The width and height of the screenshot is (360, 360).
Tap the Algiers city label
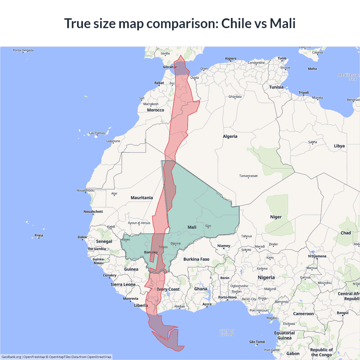tap(231, 58)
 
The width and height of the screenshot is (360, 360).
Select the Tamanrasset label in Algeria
tap(248, 176)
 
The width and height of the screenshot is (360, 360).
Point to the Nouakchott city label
tap(93, 211)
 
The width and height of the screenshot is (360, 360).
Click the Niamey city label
tap(224, 246)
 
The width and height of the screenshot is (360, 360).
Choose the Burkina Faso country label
tap(196, 259)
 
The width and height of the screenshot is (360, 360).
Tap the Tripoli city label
tap(303, 93)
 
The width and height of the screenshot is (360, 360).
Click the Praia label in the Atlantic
tap(39, 235)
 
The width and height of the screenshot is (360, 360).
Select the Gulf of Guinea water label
tap(227, 332)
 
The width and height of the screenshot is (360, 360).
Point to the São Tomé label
tap(257, 342)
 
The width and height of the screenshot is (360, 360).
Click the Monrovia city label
tap(130, 299)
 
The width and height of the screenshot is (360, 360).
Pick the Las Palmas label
tap(97, 133)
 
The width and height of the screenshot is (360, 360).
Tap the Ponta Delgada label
tap(23, 50)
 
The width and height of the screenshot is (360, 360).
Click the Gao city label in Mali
tap(208, 226)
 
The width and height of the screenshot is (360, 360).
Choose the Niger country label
tap(276, 217)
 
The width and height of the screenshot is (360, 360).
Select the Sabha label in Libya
tap(312, 142)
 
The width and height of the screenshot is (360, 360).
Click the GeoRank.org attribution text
tap(11, 357)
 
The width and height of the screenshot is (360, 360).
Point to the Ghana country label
tap(201, 289)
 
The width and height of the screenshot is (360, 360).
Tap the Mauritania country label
tap(142, 198)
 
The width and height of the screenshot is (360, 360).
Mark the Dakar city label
tap(82, 237)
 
